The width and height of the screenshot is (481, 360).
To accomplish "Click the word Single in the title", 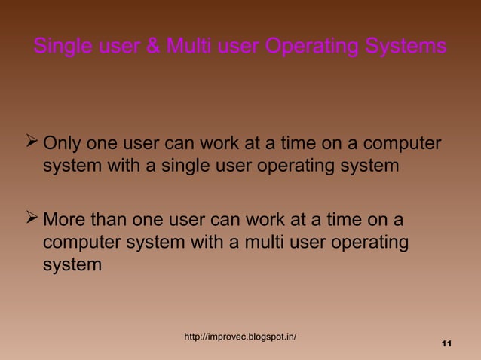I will [x=63, y=47].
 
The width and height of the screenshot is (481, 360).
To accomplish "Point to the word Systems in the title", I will [x=406, y=47].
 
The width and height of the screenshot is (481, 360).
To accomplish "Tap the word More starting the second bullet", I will [x=66, y=221].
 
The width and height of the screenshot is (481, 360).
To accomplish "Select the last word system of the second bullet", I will [x=72, y=265].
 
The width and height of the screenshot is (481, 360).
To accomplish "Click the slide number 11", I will [x=445, y=344].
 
